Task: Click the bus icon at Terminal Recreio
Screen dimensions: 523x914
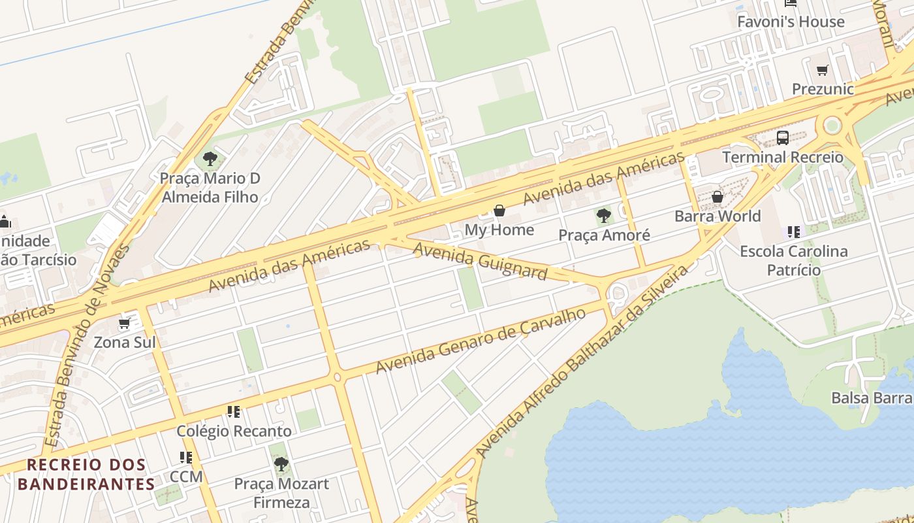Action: click(x=782, y=138)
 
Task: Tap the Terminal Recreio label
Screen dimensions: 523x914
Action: click(x=782, y=158)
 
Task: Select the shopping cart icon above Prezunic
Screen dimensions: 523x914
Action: click(x=823, y=70)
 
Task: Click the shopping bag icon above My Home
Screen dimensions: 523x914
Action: click(x=499, y=211)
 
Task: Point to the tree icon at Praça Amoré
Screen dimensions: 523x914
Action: click(x=604, y=215)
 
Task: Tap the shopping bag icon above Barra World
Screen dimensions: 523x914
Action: click(x=717, y=197)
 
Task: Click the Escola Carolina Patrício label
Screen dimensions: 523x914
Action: click(x=793, y=260)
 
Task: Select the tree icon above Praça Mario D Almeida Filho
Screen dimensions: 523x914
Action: click(x=210, y=158)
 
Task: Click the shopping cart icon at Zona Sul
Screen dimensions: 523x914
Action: click(x=124, y=324)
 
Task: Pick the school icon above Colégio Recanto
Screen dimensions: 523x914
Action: click(x=234, y=412)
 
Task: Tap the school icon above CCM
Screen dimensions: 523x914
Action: click(x=186, y=458)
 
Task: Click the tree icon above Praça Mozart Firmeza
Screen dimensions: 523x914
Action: click(x=281, y=464)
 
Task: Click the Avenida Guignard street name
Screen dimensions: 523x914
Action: click(x=479, y=260)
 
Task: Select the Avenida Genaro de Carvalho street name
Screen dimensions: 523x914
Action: click(x=481, y=341)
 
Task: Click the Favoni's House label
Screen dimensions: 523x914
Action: click(x=790, y=22)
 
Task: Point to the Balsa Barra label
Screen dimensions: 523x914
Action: click(x=872, y=397)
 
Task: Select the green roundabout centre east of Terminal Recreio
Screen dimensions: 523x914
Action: click(x=832, y=125)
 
